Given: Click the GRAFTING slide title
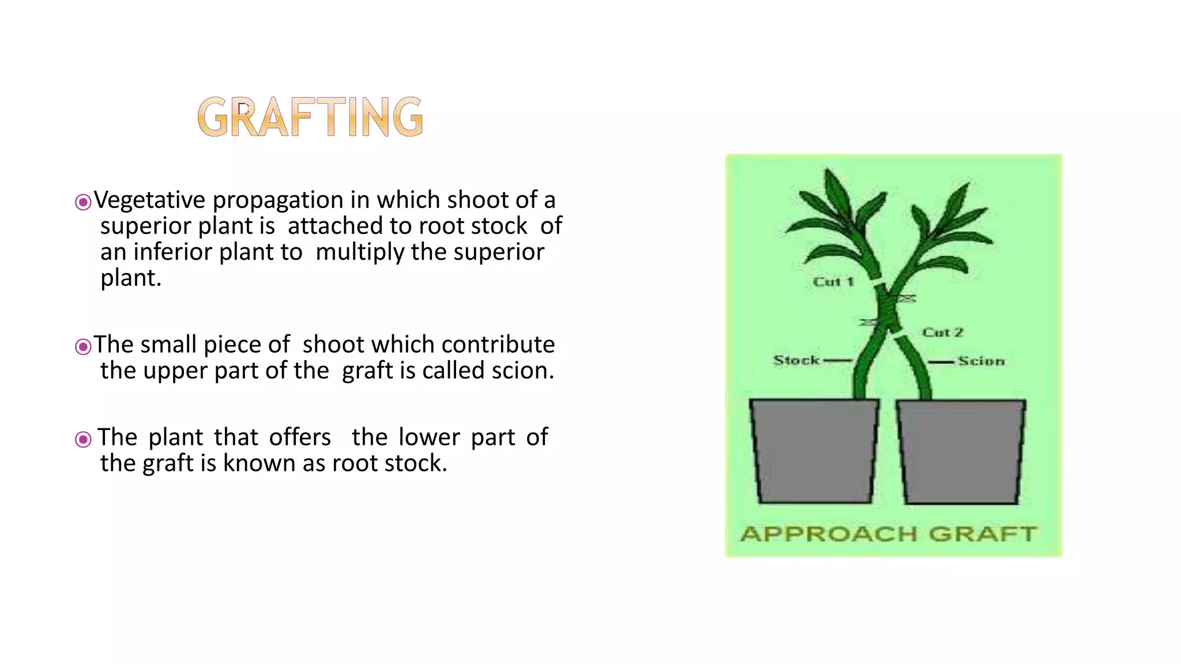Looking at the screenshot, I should point(310,117).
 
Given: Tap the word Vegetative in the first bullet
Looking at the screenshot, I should point(149,200).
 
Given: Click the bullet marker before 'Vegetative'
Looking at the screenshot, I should point(83,202).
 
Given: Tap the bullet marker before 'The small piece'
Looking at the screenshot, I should point(83,346).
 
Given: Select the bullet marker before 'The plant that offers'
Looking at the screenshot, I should point(83,439).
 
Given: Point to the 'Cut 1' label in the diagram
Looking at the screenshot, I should point(833,282).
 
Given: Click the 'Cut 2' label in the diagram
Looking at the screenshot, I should point(942,333).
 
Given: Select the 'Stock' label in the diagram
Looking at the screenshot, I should point(796,360).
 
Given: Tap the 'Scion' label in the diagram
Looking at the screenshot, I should point(981,361).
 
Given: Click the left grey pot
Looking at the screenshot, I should point(814,450).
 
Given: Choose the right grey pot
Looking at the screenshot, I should point(961,451).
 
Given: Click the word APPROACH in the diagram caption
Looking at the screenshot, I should point(829,534).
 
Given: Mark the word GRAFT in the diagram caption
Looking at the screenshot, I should point(983,534).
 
